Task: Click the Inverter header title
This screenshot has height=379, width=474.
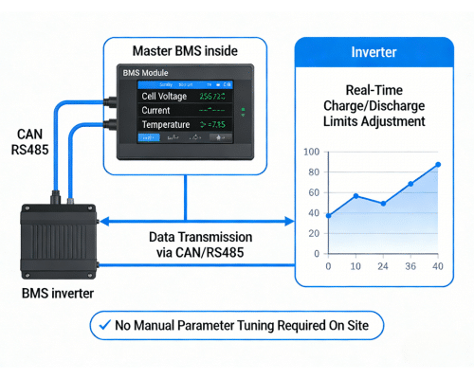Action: point(373,53)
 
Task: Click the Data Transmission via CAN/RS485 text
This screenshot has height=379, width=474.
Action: point(200,244)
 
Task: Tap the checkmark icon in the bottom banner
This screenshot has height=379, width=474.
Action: point(101,326)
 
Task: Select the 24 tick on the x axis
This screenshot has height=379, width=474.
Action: point(383,267)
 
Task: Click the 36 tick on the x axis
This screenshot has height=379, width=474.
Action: point(410,267)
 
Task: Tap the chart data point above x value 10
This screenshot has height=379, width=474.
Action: point(355,196)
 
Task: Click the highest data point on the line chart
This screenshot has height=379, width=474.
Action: point(438,165)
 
